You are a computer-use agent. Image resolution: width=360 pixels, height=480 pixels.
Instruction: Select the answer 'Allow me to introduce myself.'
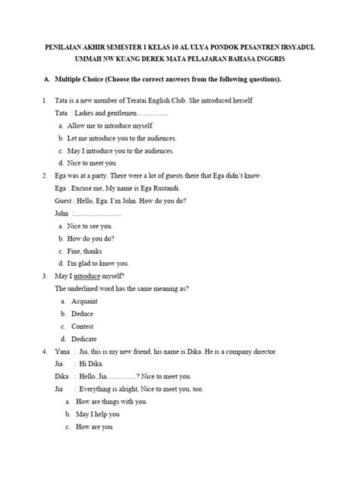point(109,125)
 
